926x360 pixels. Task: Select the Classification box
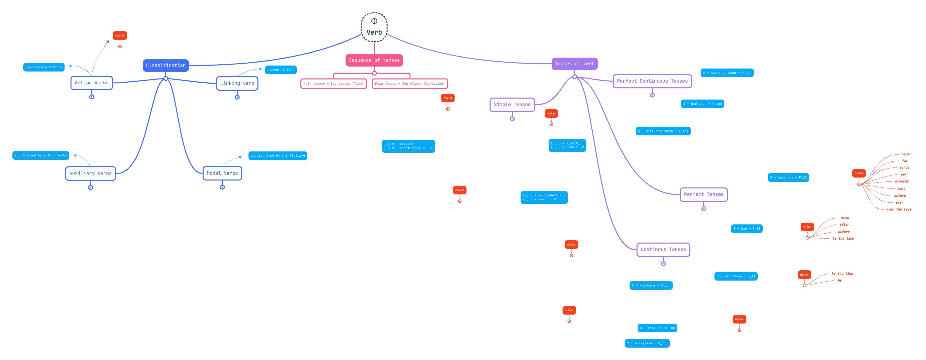[x=166, y=66]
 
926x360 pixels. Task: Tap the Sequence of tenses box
[x=374, y=60]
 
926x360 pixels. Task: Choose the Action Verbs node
[x=92, y=83]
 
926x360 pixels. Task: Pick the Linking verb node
[x=237, y=83]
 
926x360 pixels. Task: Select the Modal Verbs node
[x=222, y=173]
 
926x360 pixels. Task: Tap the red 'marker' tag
[x=120, y=36]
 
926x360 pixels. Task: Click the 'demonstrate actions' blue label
[x=44, y=67]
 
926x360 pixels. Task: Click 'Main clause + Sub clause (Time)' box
[x=333, y=83]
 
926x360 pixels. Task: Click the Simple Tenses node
[x=512, y=105]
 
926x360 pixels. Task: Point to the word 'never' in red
[x=906, y=154]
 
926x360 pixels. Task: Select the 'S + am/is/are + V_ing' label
[x=647, y=343]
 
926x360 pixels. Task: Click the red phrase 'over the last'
[x=898, y=209]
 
